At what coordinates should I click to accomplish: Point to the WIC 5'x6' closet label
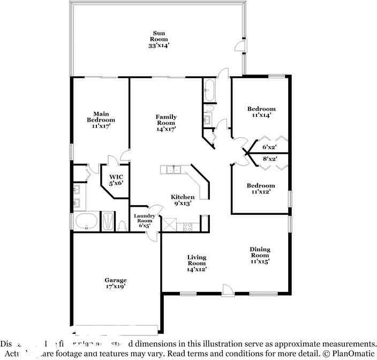[116, 179]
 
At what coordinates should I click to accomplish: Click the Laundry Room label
[144, 221]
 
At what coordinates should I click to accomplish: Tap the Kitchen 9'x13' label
[182, 200]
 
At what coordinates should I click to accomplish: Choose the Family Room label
[166, 123]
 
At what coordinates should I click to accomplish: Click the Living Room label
[197, 263]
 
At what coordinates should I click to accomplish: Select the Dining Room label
[260, 255]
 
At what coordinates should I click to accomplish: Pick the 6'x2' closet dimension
[269, 147]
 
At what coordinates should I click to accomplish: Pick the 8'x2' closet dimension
[269, 159]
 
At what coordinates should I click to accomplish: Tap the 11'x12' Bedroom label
[261, 189]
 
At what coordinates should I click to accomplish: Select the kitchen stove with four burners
[188, 226]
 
